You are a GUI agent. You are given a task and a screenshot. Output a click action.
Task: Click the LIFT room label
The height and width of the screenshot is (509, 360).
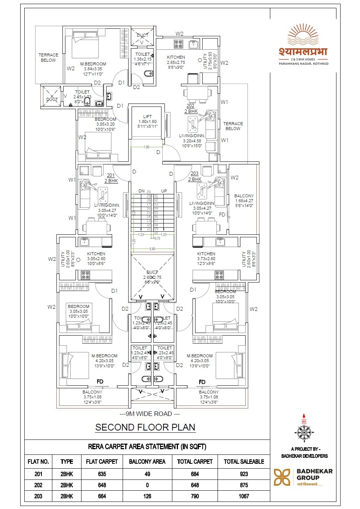pos(147,121)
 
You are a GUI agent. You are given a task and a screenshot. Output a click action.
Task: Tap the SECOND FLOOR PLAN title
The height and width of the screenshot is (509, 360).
pos(145,427)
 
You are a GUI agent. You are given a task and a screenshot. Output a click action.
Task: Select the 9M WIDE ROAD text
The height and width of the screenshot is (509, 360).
pos(150,414)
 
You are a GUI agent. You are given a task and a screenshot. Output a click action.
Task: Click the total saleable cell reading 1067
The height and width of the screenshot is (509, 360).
pos(244,496)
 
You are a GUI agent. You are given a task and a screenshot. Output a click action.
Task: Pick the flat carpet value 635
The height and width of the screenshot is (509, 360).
pos(102,474)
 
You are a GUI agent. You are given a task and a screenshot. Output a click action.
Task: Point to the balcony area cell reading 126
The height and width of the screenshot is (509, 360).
pos(147,496)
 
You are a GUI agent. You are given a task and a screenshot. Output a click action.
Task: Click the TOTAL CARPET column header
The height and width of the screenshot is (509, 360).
pos(195,462)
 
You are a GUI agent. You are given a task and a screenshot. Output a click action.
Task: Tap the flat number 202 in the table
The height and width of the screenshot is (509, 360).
pos(38,485)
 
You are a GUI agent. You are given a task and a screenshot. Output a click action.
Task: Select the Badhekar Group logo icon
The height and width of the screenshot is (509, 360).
pos(282,477)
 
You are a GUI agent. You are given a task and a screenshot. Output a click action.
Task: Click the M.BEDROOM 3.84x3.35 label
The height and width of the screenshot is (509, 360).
pos(93,69)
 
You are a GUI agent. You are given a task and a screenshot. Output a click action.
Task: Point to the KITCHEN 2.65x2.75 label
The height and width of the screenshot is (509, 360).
pos(176,62)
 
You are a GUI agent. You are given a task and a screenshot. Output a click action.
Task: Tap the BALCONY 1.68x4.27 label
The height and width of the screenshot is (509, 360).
pos(244,201)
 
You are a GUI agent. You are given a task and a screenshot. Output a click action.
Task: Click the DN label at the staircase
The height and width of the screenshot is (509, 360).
pos(141,191)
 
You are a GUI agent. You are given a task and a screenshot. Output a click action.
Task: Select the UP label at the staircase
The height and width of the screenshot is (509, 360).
pos(164,191)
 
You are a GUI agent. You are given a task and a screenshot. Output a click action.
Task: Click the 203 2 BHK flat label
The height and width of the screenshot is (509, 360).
pos(194,176)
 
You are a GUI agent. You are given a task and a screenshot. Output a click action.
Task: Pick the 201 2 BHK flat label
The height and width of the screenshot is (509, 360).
pos(111,178)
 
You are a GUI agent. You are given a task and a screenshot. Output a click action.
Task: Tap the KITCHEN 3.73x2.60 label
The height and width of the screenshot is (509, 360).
pos(206,258)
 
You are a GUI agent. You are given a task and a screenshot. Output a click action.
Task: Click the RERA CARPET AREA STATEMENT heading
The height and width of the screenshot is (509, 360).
pos(147,447)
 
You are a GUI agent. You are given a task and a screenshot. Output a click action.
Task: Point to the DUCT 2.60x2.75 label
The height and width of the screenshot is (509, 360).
pos(152,277)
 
